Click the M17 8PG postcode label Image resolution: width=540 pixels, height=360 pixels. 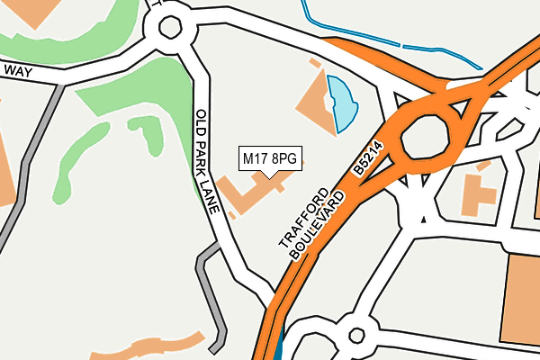coord(270,159)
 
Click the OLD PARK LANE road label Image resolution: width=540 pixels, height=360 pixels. coord(209,160)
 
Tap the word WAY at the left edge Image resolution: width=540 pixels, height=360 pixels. coord(18,70)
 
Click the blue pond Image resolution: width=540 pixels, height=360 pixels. coord(343,101)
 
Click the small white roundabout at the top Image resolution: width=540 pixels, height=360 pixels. coord(169,27)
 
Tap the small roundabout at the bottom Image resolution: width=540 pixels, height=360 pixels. coord(356,337)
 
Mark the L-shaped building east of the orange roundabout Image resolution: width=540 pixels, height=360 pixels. coord(480,194)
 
